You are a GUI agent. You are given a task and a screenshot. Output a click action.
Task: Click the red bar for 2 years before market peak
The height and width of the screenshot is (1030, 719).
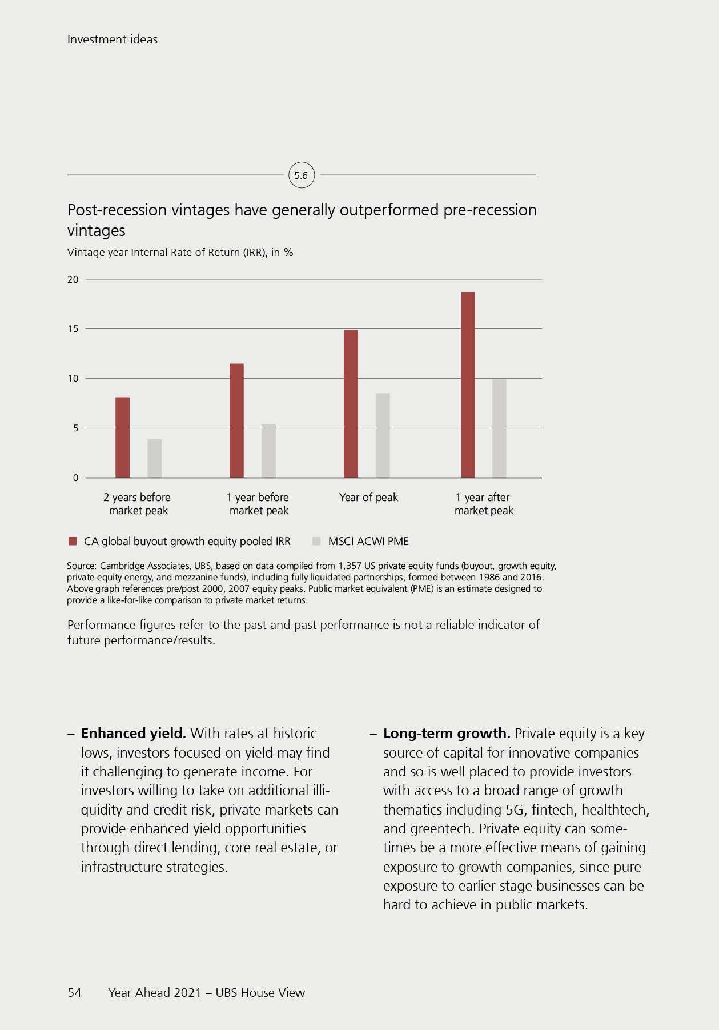[x=122, y=438]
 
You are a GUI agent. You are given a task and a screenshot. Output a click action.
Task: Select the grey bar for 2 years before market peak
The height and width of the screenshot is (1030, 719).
[x=155, y=458]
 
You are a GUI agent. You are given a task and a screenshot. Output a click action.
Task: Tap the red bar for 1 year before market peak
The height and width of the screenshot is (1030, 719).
[x=236, y=420]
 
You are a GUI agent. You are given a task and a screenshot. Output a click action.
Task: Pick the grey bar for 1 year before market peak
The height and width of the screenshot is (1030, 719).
[x=268, y=451]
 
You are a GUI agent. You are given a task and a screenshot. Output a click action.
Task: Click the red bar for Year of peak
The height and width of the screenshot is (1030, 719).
[x=351, y=404]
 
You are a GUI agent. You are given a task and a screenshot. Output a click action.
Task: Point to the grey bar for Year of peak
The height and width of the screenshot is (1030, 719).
[x=383, y=435]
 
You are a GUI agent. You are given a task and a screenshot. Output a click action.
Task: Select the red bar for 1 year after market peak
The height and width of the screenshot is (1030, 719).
[x=468, y=385]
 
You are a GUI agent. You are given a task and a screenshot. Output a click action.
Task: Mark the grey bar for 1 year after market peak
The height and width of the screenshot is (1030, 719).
[x=499, y=428]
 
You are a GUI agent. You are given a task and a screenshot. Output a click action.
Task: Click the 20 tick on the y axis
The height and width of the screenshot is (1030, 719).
[x=73, y=279]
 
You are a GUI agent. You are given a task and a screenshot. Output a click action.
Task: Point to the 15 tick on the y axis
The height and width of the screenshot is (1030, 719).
[x=73, y=329]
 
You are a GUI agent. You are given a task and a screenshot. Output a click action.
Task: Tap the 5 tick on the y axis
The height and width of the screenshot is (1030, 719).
[x=75, y=428]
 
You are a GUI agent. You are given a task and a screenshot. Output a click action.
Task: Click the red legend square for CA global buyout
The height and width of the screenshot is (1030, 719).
[x=73, y=541]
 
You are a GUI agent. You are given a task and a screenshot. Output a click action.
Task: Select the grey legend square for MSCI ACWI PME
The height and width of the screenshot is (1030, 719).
[x=316, y=541]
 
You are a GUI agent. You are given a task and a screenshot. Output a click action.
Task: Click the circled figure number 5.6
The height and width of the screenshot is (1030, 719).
[x=301, y=175]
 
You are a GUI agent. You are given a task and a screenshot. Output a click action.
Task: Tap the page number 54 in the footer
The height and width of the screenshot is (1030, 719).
[x=74, y=993]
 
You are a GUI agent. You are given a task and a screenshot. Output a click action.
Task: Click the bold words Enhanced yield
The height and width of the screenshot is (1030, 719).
[x=134, y=734]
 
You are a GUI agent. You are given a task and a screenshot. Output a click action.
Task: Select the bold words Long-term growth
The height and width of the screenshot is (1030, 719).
[x=447, y=734]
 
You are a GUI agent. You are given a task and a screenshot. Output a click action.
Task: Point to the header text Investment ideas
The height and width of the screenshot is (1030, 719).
[x=113, y=39]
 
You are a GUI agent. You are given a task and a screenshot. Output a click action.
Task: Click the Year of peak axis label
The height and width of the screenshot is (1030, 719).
[x=368, y=498]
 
